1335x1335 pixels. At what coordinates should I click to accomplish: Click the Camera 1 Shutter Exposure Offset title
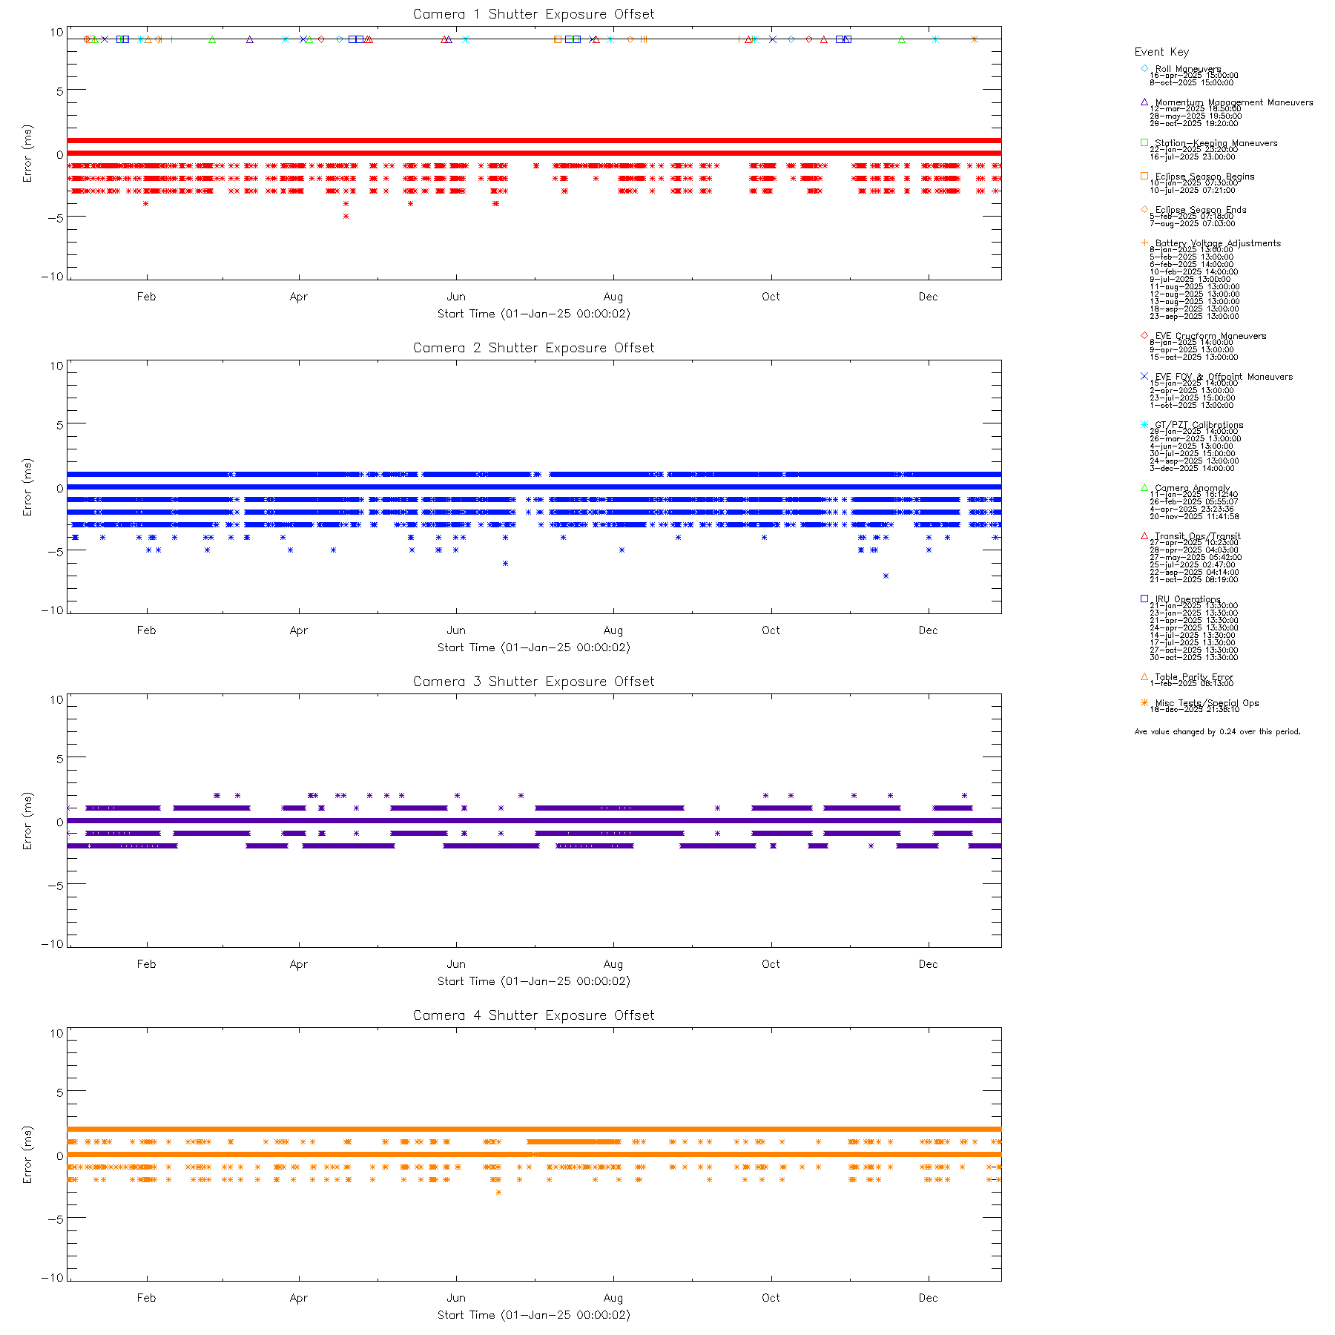(533, 14)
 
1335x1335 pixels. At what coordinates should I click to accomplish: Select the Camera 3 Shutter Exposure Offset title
(533, 682)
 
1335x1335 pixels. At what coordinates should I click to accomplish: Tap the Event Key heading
(1161, 52)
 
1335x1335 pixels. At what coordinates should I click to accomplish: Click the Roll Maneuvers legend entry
(1187, 69)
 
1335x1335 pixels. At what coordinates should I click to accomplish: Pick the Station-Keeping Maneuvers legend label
(1216, 143)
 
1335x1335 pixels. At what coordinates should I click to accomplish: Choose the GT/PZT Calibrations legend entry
(1199, 425)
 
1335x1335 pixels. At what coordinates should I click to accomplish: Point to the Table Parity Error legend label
(1193, 677)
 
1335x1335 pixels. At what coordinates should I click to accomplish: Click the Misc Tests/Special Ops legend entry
(1207, 703)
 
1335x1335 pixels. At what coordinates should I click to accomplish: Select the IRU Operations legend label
(1187, 599)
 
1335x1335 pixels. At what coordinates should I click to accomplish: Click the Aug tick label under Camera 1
(613, 297)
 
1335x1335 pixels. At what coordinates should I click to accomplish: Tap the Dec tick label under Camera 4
(928, 1298)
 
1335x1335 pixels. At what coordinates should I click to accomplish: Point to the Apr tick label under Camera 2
(299, 630)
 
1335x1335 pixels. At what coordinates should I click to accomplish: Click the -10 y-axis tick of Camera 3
(56, 944)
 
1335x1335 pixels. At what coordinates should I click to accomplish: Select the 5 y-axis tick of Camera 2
(59, 424)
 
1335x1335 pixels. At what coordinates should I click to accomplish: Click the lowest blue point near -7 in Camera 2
(886, 576)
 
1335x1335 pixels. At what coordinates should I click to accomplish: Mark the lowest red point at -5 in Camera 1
(346, 217)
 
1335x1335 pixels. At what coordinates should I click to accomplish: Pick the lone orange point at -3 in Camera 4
(498, 1193)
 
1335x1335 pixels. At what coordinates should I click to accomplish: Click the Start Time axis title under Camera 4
(533, 1315)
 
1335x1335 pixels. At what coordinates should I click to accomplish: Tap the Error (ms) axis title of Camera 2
(27, 487)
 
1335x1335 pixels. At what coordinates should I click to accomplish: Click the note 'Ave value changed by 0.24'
(1217, 732)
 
